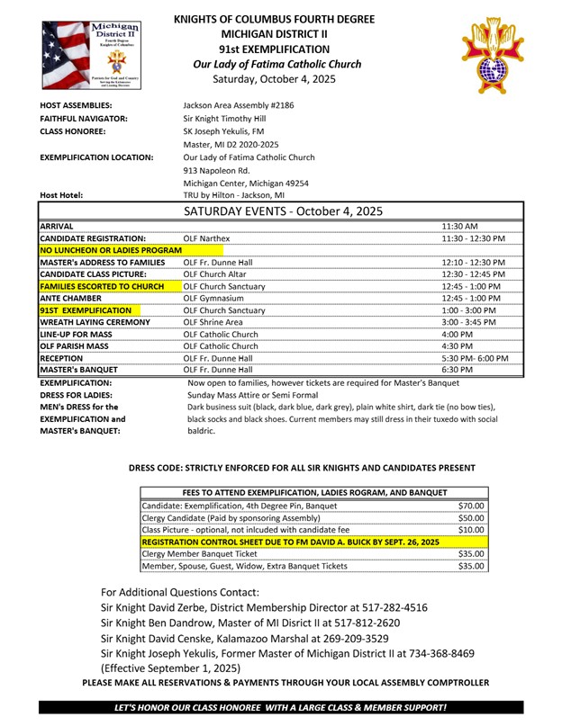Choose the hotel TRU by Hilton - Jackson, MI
[x=233, y=194]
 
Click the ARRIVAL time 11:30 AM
[x=460, y=226]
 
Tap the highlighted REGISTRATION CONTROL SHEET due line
[x=290, y=542]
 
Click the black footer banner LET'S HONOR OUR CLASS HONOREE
[x=280, y=708]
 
